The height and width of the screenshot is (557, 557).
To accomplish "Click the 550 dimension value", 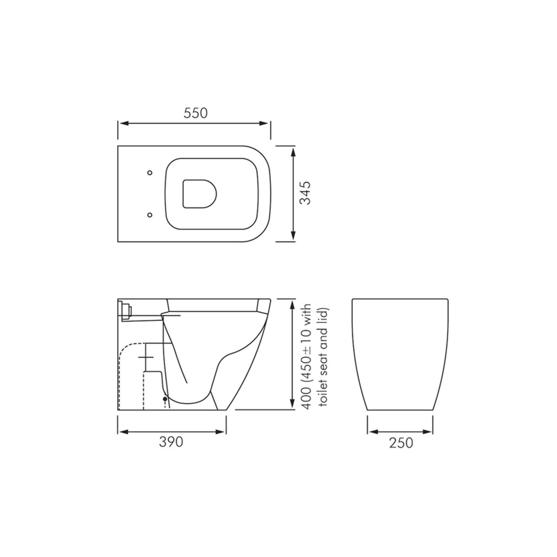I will tap(195, 113).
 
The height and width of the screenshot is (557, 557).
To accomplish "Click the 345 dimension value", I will tap(305, 193).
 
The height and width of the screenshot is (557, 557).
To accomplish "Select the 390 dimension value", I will tap(171, 442).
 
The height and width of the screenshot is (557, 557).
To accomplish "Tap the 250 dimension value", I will tap(401, 443).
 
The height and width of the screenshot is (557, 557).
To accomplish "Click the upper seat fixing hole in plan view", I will tap(150, 172).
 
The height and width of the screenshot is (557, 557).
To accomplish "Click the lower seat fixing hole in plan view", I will tap(150, 215).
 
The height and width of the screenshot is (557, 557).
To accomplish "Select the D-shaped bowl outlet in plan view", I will tap(199, 194).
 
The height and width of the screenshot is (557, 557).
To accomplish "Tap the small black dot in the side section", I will tap(165, 398).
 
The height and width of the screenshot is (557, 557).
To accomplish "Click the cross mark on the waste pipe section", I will tap(146, 357).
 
